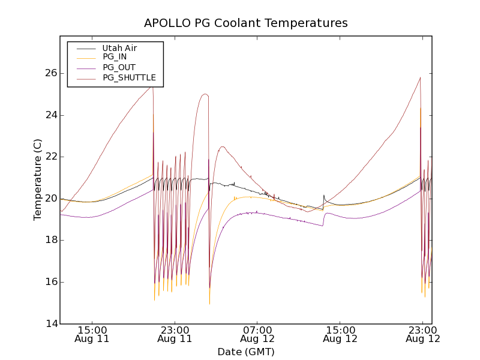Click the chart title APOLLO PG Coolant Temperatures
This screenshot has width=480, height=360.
[x=245, y=23]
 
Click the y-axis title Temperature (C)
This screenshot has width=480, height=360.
[x=38, y=179]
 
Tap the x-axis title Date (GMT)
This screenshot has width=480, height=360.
[x=245, y=352]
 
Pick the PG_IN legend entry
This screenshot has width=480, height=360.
[x=115, y=57]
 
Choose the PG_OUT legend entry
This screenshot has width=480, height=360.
[x=119, y=67]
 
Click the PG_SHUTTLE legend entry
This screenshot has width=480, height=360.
[x=129, y=77]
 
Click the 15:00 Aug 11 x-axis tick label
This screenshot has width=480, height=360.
[x=92, y=334]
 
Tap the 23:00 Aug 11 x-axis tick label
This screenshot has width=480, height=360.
[x=175, y=334]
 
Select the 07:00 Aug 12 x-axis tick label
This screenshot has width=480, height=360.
[x=257, y=334]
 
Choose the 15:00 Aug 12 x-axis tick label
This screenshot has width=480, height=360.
[x=340, y=334]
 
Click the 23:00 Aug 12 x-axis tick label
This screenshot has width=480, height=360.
[x=422, y=334]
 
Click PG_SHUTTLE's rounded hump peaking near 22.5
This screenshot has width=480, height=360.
[x=222, y=147]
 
